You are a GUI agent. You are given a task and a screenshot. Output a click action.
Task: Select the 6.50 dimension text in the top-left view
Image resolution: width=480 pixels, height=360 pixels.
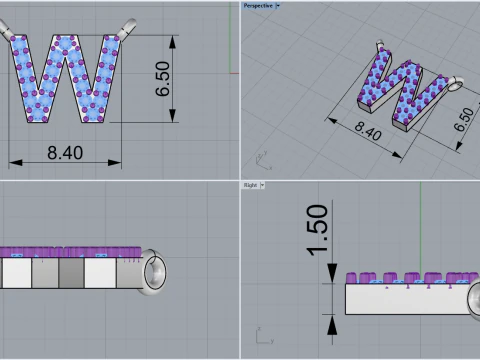click(163, 78)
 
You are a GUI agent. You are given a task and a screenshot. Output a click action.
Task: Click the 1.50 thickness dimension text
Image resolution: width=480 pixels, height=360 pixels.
click(317, 230)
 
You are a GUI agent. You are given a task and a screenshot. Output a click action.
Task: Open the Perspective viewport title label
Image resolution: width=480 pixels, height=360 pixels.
click(257, 5)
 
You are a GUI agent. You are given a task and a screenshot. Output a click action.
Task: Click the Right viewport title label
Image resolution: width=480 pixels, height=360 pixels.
click(250, 185)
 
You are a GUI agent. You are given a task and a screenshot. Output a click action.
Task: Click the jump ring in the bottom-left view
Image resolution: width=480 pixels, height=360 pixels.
click(158, 274)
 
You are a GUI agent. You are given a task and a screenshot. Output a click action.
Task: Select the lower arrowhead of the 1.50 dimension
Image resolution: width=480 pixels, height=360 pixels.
click(330, 319)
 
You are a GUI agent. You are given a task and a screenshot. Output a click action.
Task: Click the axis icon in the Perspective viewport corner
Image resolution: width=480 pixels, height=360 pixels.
click(262, 158)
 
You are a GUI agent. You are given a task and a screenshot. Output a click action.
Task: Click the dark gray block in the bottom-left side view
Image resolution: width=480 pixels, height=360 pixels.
click(70, 273)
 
